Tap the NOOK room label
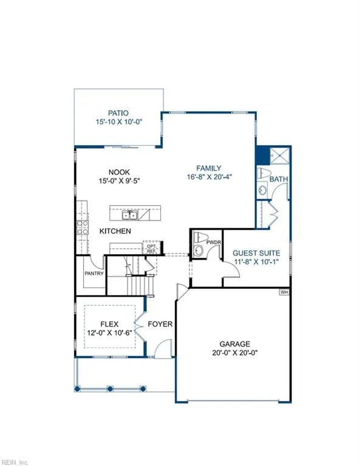[111, 172]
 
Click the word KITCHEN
[115, 231]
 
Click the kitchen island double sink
[129, 215]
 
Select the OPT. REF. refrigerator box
[151, 248]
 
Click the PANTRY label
[95, 273]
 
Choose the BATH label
[279, 180]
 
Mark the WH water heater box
[284, 292]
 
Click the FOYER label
[160, 324]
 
